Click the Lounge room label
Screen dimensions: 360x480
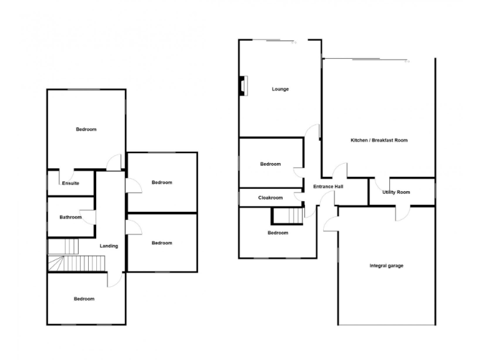tap(280, 89)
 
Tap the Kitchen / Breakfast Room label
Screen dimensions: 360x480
tap(379, 141)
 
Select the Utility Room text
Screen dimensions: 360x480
tap(396, 192)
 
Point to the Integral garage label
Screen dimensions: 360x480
tap(386, 266)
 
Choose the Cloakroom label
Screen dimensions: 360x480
tap(271, 198)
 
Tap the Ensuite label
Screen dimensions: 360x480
tap(70, 183)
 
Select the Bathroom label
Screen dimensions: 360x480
tap(70, 217)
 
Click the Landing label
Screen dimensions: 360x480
tap(109, 246)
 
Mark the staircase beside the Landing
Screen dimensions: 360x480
tap(64, 255)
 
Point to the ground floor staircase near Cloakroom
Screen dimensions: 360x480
tap(289, 216)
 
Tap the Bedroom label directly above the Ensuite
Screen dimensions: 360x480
tap(86, 129)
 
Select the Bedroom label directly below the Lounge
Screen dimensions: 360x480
tap(271, 164)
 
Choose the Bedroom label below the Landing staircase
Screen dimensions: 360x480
tap(84, 299)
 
